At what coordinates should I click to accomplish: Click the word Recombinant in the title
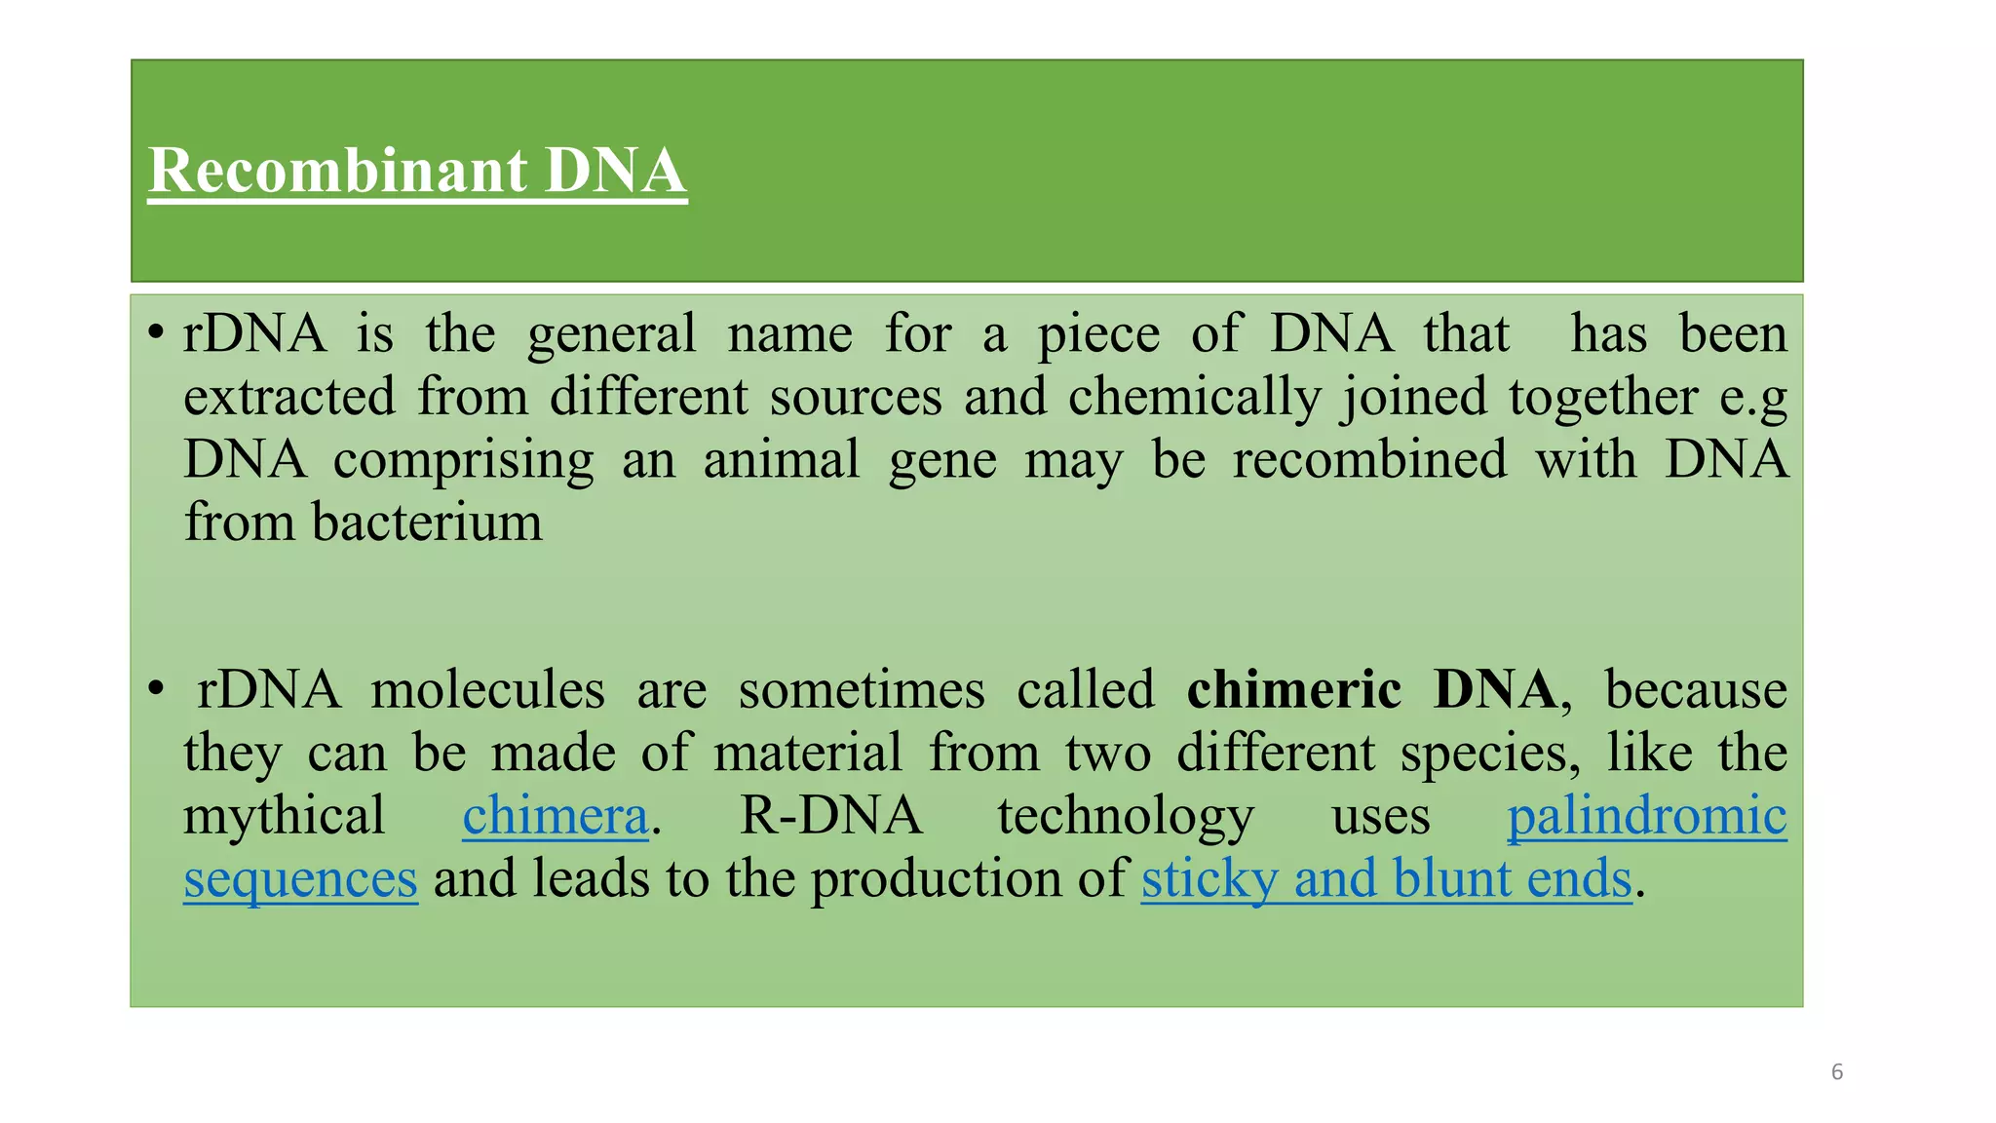tap(337, 172)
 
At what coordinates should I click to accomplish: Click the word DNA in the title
tap(615, 172)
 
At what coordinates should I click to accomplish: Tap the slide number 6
tap(1837, 1072)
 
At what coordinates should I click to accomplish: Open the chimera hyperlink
tap(555, 816)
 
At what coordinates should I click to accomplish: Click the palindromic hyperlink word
tap(1646, 816)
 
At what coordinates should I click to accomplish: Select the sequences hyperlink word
tap(300, 879)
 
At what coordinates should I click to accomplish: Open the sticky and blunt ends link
tap(1386, 879)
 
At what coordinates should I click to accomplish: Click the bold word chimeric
tap(1293, 690)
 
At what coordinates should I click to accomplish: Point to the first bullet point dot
tap(155, 333)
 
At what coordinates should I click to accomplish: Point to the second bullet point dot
tap(155, 689)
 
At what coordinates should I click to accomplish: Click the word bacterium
tap(427, 523)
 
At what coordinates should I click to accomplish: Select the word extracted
tap(289, 397)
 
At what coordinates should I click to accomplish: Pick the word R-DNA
tap(830, 816)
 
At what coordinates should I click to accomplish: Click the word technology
tap(1126, 818)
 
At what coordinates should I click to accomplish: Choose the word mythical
tap(284, 816)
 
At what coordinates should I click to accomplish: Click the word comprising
tap(463, 461)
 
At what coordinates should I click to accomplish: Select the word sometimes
tap(861, 690)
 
